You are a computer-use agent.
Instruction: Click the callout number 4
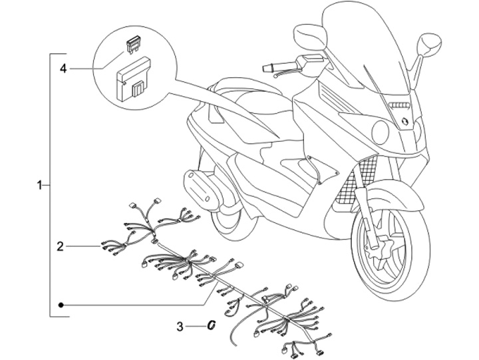point(63,68)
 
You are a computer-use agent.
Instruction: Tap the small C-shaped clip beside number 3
point(211,325)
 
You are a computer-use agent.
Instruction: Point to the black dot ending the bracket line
point(61,304)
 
